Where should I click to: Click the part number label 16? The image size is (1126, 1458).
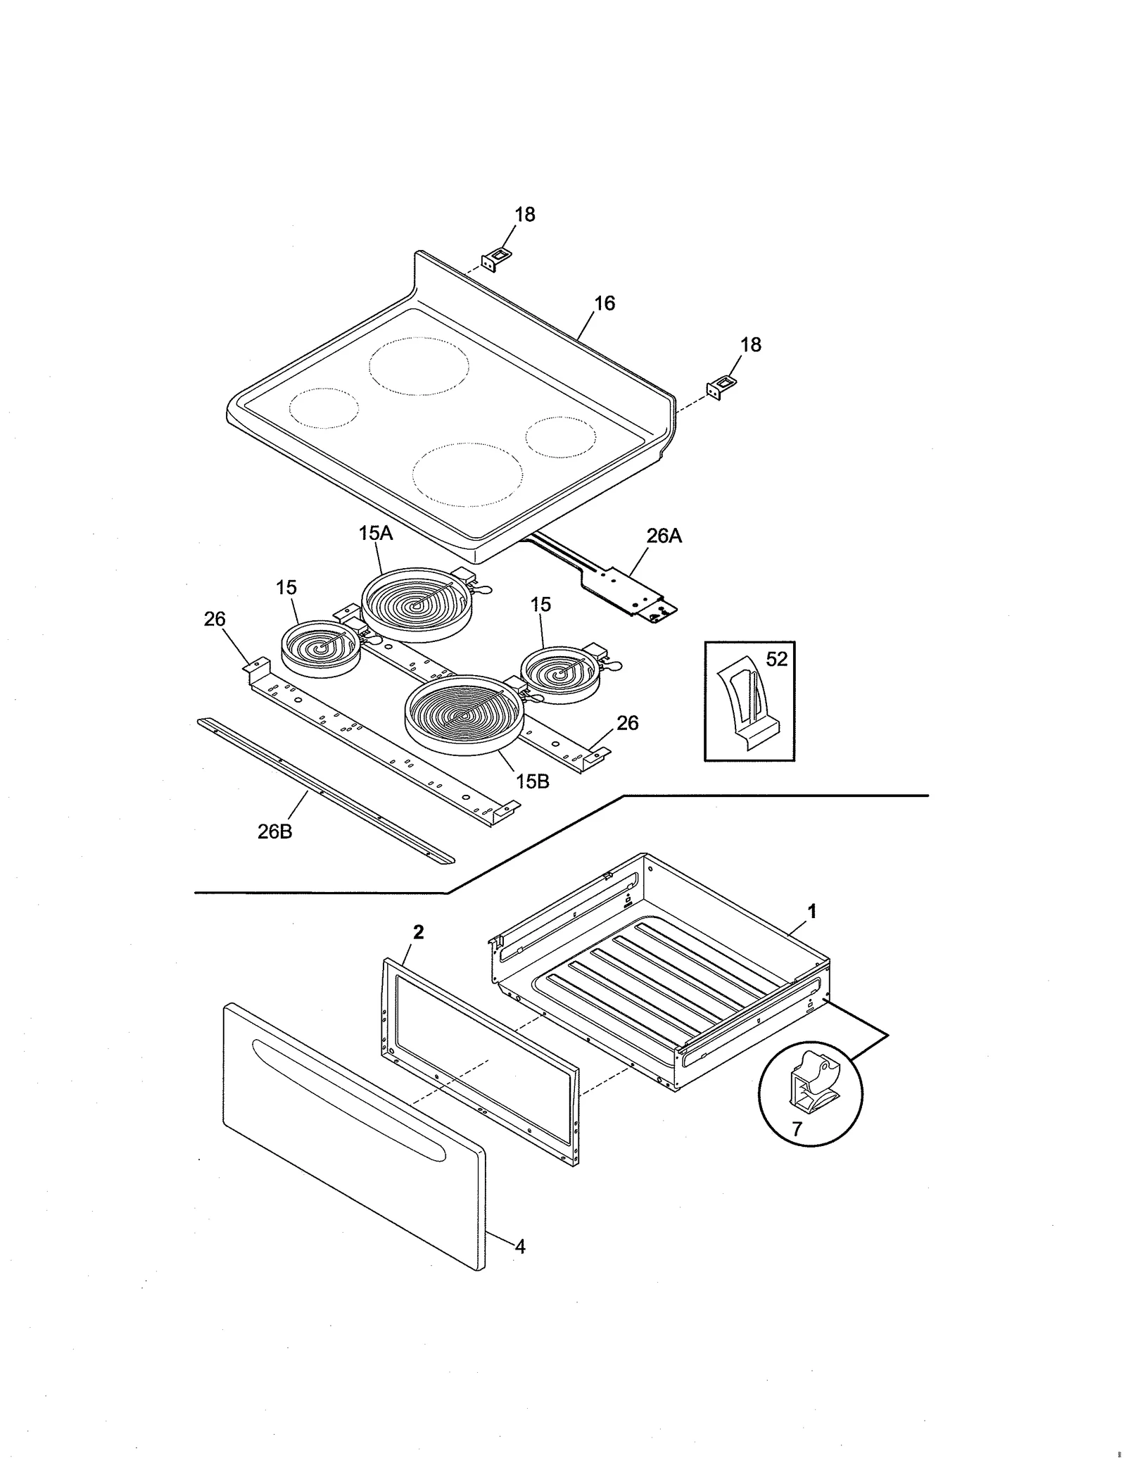click(604, 303)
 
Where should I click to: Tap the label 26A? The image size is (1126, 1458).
click(664, 536)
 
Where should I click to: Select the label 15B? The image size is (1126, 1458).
click(532, 781)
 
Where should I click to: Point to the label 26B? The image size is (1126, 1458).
click(274, 831)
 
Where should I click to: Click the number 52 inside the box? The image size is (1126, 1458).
click(776, 660)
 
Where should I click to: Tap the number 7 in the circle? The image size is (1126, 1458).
click(797, 1129)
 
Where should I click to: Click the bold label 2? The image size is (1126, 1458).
click(418, 932)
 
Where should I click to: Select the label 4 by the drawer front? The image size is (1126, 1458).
click(519, 1247)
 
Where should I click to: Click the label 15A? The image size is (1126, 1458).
click(375, 533)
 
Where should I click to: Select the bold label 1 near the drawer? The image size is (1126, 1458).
click(811, 911)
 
